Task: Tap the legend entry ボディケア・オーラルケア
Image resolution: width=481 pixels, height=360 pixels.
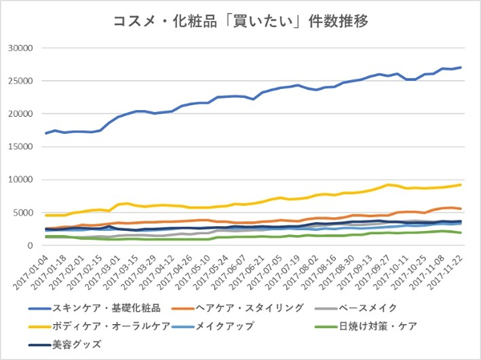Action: coord(107,326)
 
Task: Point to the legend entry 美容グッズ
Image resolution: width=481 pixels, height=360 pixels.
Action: coord(78,345)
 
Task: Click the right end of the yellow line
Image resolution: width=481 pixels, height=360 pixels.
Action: coord(460,184)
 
